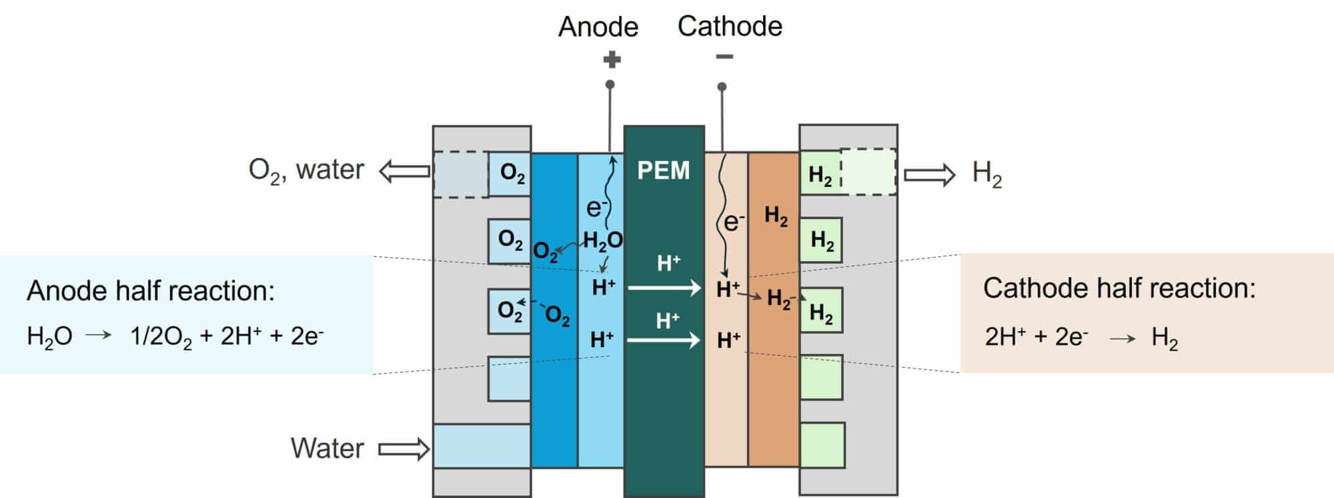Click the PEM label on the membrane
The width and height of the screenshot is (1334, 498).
[x=663, y=170]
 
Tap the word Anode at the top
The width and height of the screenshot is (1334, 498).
[x=598, y=27]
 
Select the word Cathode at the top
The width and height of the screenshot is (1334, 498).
[x=730, y=26]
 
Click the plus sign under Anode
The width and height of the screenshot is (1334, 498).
[x=612, y=60]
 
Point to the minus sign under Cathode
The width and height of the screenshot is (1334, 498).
[x=724, y=57]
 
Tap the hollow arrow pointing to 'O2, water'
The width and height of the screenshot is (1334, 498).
[x=404, y=172]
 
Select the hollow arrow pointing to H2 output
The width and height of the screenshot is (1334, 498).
[x=929, y=175]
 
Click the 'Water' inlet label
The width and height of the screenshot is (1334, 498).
[x=327, y=448]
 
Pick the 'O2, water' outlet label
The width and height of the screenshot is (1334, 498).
[x=306, y=171]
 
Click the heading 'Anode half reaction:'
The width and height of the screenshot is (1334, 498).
[x=151, y=291]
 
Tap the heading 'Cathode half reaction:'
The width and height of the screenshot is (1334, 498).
[x=1119, y=288]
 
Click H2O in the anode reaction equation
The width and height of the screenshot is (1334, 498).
[x=49, y=336]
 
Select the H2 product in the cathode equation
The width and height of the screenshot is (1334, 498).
[x=1165, y=338]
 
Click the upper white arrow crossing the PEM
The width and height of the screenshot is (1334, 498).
[x=664, y=288]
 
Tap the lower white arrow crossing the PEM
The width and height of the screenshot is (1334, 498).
[x=664, y=340]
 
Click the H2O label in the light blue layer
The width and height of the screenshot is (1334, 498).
[x=602, y=241]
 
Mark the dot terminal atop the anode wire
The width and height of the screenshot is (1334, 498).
[x=610, y=85]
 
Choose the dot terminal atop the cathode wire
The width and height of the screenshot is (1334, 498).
[x=722, y=87]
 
